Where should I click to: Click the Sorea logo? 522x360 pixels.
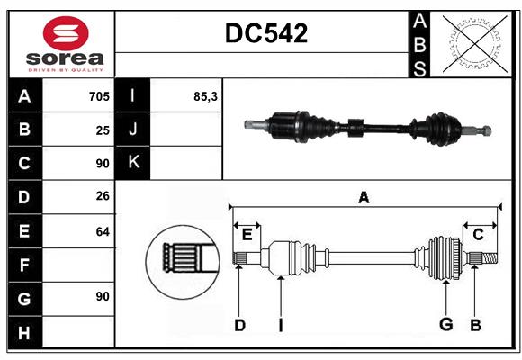pos(61,43)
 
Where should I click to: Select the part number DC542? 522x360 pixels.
pos(265,33)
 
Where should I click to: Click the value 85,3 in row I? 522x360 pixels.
pos(205,96)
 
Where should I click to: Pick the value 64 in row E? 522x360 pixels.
pos(103,231)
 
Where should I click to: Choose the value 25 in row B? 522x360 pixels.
pos(103,130)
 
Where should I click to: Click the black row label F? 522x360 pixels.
pos(24,265)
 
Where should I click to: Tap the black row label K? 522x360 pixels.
pos(133,163)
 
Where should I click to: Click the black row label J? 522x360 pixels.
pos(133,130)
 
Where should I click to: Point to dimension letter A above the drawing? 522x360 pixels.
pos(364,197)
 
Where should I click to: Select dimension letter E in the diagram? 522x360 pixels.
pos(247,234)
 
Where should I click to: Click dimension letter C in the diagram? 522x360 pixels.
pos(478,234)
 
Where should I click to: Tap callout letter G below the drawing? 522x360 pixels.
pos(445,325)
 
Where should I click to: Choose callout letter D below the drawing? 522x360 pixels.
pos(239,325)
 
